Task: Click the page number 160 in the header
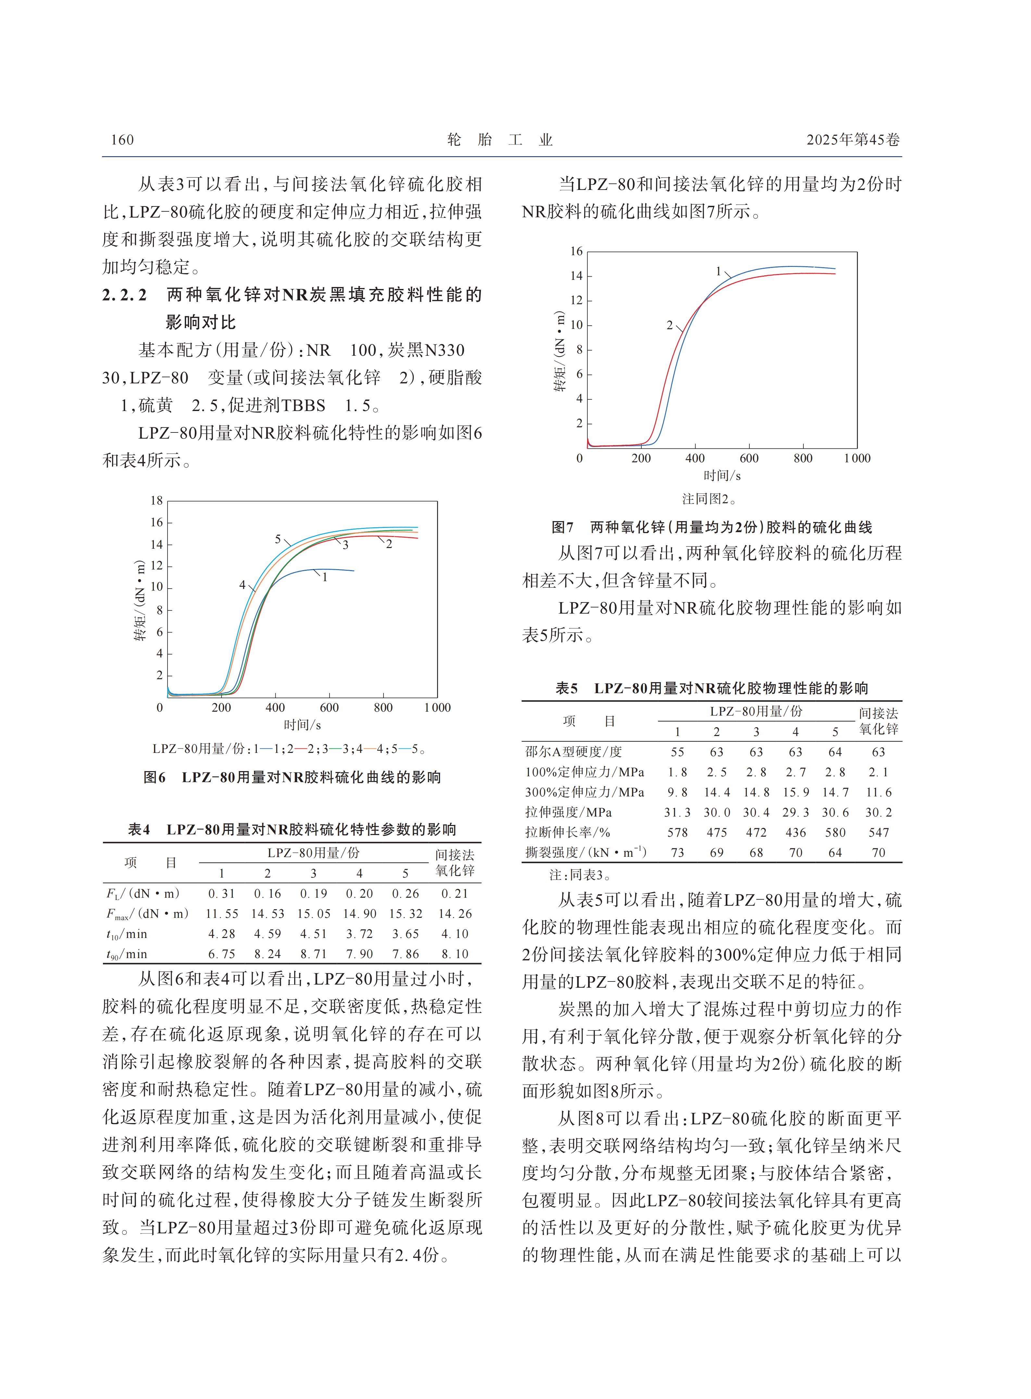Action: (x=122, y=140)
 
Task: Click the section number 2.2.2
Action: (x=125, y=295)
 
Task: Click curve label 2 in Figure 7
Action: (x=670, y=325)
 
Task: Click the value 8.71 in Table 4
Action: (x=313, y=954)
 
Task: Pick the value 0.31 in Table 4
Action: (x=221, y=893)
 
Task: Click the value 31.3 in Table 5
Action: (x=677, y=812)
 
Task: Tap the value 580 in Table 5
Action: (x=835, y=832)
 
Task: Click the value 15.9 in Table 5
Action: (x=796, y=793)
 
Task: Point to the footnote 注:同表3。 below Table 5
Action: (x=579, y=875)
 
